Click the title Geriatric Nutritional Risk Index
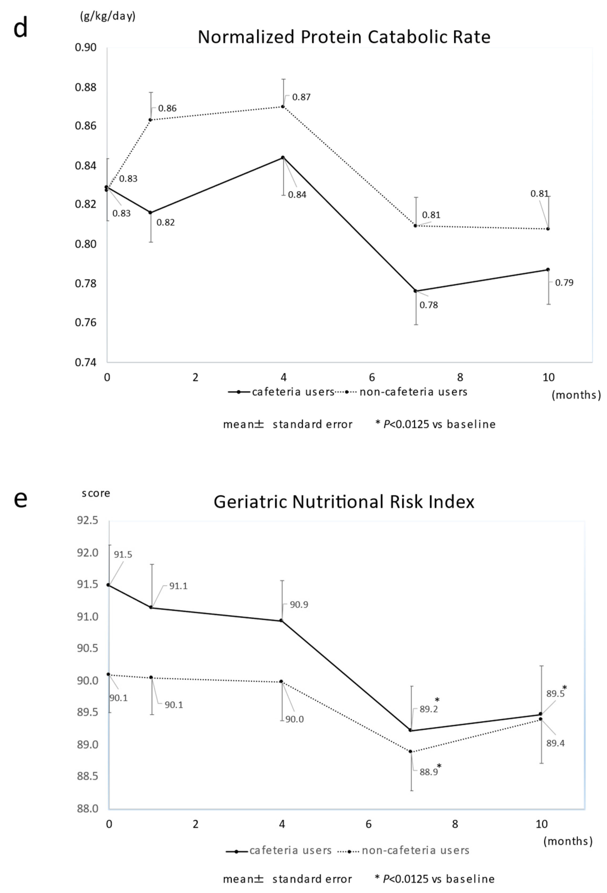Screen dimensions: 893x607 [x=344, y=502]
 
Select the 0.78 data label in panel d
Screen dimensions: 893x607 [x=428, y=305]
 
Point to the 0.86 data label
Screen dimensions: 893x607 [x=167, y=108]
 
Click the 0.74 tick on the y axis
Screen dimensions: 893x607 [x=85, y=362]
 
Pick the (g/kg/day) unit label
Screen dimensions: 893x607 [x=108, y=17]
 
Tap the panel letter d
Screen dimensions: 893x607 [x=20, y=28]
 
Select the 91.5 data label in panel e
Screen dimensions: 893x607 [x=123, y=554]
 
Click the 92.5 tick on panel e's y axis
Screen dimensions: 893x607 [x=88, y=521]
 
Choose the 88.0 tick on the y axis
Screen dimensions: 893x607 [x=88, y=809]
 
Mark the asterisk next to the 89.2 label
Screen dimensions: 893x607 [x=437, y=700]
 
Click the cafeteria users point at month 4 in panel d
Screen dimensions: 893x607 [x=283, y=158]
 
